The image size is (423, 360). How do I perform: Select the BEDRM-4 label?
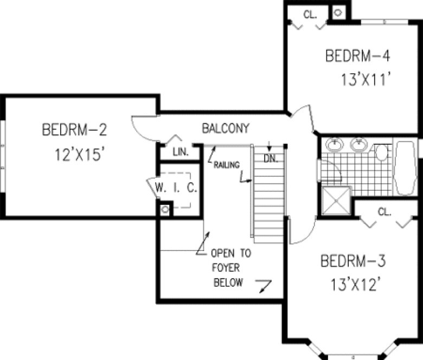coord(357,55)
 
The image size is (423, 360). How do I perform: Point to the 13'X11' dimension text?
coord(366,80)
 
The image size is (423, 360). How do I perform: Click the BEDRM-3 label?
coord(353,262)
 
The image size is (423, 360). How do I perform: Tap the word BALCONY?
coord(226,129)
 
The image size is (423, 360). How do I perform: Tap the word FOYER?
coord(226,268)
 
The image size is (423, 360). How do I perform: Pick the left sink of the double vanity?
coord(335,145)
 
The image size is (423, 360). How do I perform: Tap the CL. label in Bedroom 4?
coord(310,15)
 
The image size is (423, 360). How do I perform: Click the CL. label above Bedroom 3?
coord(384,212)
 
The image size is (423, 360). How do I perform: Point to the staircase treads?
coord(268,195)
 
